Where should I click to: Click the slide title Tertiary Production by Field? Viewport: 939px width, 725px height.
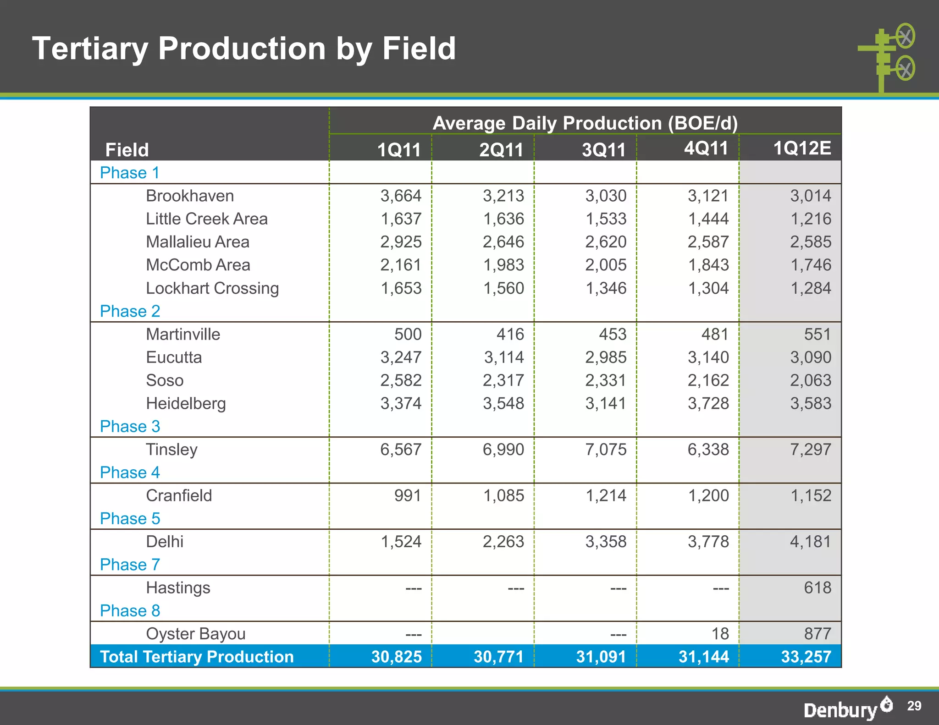pos(244,49)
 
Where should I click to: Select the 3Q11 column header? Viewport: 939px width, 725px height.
pos(603,150)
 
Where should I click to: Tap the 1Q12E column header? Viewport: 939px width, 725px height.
pos(801,148)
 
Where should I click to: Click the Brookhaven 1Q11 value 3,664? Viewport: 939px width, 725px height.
pos(400,196)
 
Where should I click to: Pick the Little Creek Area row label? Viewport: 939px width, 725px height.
pos(206,219)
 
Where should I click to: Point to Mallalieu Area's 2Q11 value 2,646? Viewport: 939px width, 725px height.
pos(503,242)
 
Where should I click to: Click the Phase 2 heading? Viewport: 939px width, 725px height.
pos(130,311)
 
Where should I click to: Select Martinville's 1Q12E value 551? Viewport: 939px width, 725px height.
pos(817,334)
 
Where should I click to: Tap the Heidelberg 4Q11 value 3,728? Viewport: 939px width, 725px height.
pos(708,403)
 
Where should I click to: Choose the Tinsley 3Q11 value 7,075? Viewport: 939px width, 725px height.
pos(605,449)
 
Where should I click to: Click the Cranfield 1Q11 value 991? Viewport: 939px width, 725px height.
pos(408,495)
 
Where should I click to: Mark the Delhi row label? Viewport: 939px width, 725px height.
pos(165,542)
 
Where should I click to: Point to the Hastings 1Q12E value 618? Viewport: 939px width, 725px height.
pos(817,588)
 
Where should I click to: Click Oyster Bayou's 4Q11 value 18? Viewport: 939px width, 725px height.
pos(720,634)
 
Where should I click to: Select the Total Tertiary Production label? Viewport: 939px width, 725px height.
pos(197,657)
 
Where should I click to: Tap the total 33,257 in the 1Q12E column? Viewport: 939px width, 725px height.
pos(806,657)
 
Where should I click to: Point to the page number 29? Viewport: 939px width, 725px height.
pos(914,706)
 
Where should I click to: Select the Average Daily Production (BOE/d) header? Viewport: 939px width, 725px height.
pos(585,123)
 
